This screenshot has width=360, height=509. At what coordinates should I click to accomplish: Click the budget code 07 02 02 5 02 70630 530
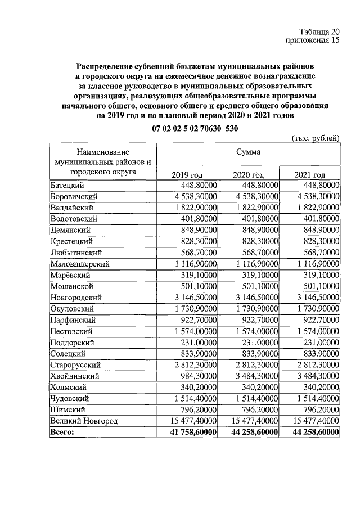click(195, 128)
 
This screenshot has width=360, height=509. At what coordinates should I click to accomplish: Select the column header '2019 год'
click(186, 175)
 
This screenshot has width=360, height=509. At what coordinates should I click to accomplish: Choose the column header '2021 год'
click(310, 175)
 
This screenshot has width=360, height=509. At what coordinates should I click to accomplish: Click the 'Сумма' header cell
click(248, 152)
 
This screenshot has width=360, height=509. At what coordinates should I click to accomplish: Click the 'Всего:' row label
click(62, 431)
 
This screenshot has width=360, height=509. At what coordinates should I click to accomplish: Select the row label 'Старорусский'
click(75, 364)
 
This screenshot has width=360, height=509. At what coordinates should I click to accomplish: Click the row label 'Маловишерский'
click(79, 264)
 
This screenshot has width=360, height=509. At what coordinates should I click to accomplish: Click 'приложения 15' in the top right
click(313, 40)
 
